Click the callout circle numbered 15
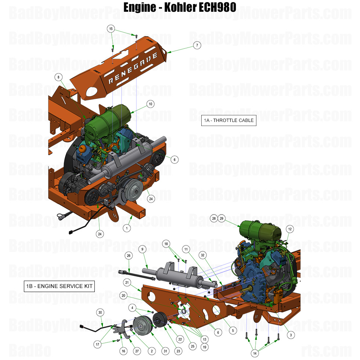coord(111,29)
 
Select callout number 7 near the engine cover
coord(197,45)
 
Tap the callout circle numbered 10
coord(150,104)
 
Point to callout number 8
coord(58,77)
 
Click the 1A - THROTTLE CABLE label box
coord(228,120)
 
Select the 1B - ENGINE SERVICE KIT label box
coord(59,286)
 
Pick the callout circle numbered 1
coord(127,228)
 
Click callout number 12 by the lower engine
coord(289,229)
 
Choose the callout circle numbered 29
coord(222,218)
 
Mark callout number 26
coord(129,255)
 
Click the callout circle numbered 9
coord(143,249)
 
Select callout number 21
coord(127,282)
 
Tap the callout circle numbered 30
coord(100,312)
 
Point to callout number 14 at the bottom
coord(255,353)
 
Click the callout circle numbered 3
coord(291,335)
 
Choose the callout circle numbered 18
coord(166,244)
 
